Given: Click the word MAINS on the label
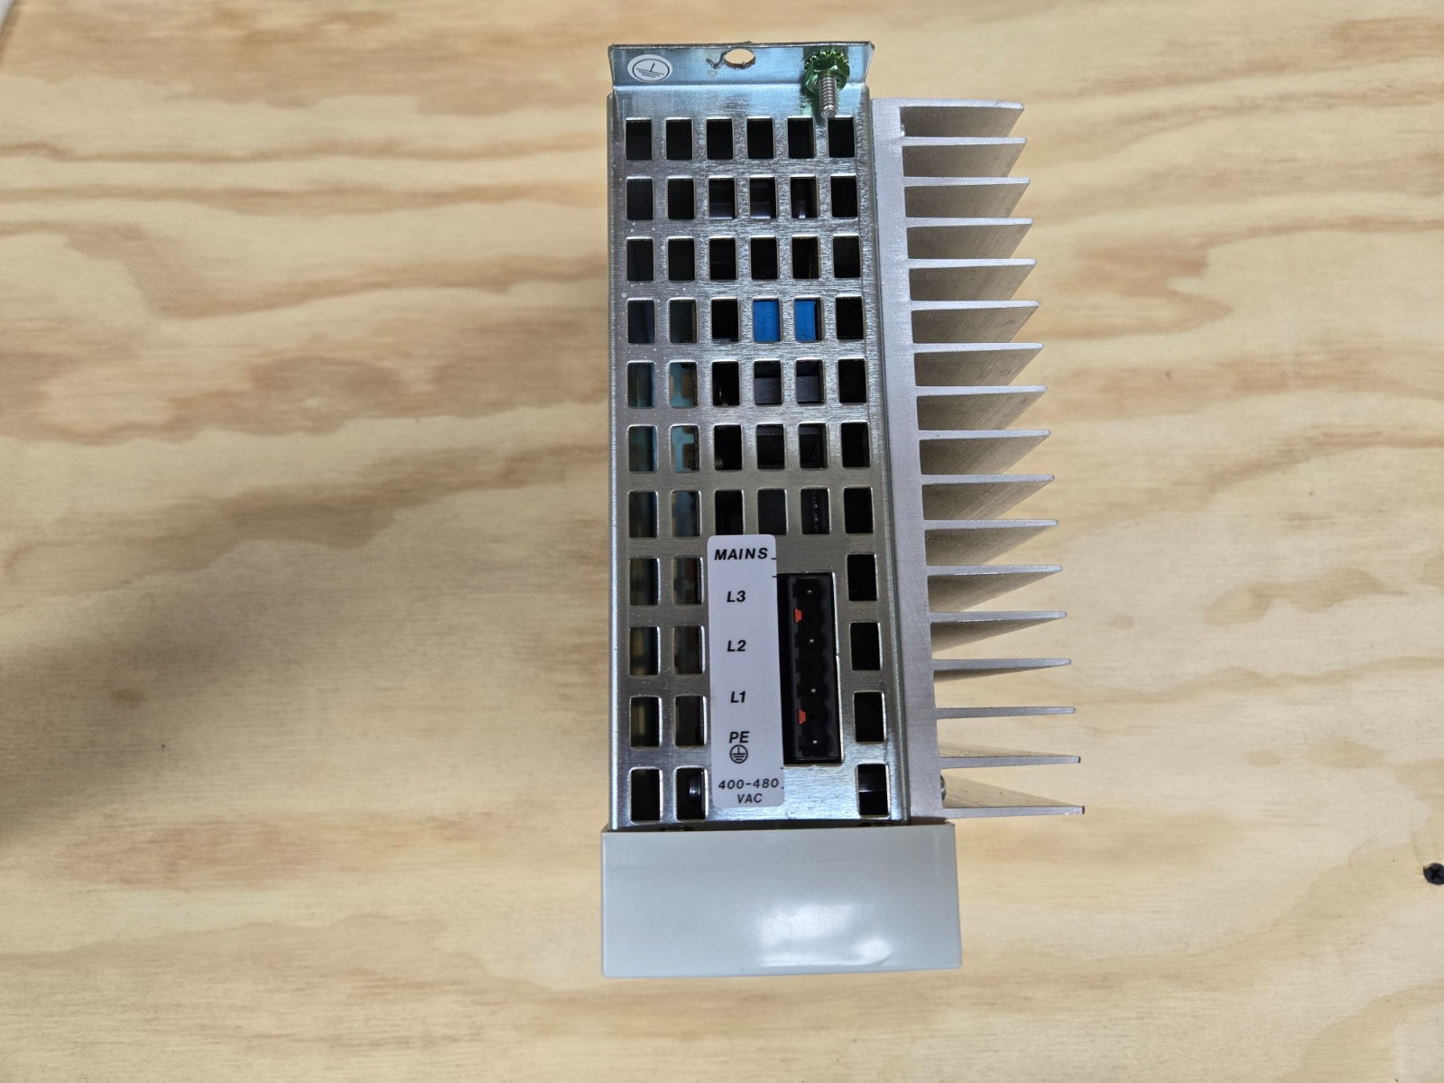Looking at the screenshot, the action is tap(742, 553).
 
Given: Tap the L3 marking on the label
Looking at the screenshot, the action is tap(736, 597).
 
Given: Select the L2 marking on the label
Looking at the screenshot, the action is tap(736, 646).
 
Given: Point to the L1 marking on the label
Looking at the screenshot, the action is tap(738, 697).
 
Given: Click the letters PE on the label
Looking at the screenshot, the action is tap(739, 737).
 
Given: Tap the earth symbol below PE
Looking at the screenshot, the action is tap(738, 754).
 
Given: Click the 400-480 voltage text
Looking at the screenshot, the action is tap(748, 784).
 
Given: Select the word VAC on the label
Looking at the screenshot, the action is tap(749, 799).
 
